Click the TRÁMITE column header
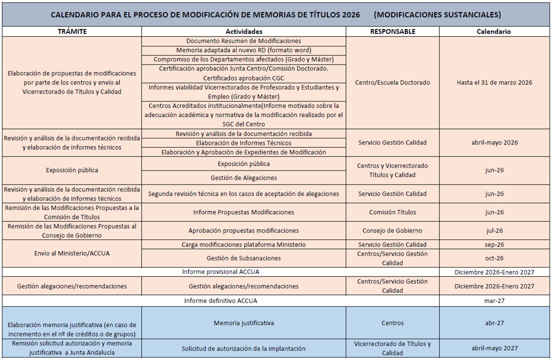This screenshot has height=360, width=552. click(72, 31)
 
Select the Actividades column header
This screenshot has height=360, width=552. click(244, 31)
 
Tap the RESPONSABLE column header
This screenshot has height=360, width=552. click(392, 31)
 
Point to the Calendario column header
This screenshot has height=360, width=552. click(493, 31)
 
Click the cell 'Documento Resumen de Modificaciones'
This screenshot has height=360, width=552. click(244, 41)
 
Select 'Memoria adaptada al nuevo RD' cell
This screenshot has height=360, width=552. click(244, 50)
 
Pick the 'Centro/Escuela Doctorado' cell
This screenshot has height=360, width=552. click(392, 82)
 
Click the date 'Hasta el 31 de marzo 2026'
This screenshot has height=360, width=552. click(493, 82)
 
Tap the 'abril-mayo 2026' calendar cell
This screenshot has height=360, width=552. click(493, 142)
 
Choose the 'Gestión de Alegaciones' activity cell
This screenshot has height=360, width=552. click(244, 177)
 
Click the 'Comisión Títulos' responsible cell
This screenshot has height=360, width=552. click(392, 212)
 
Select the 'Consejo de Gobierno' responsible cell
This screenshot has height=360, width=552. click(392, 230)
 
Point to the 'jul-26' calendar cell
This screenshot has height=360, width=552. click(493, 230)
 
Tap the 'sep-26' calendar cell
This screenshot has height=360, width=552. click(493, 244)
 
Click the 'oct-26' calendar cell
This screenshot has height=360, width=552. click(493, 258)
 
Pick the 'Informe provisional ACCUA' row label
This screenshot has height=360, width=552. click(220, 271)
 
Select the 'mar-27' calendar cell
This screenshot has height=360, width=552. click(493, 300)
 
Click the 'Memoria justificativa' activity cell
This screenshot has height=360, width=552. click(244, 323)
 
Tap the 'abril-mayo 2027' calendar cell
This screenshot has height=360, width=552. click(493, 348)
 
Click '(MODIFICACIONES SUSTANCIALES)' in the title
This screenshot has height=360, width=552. click(437, 14)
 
